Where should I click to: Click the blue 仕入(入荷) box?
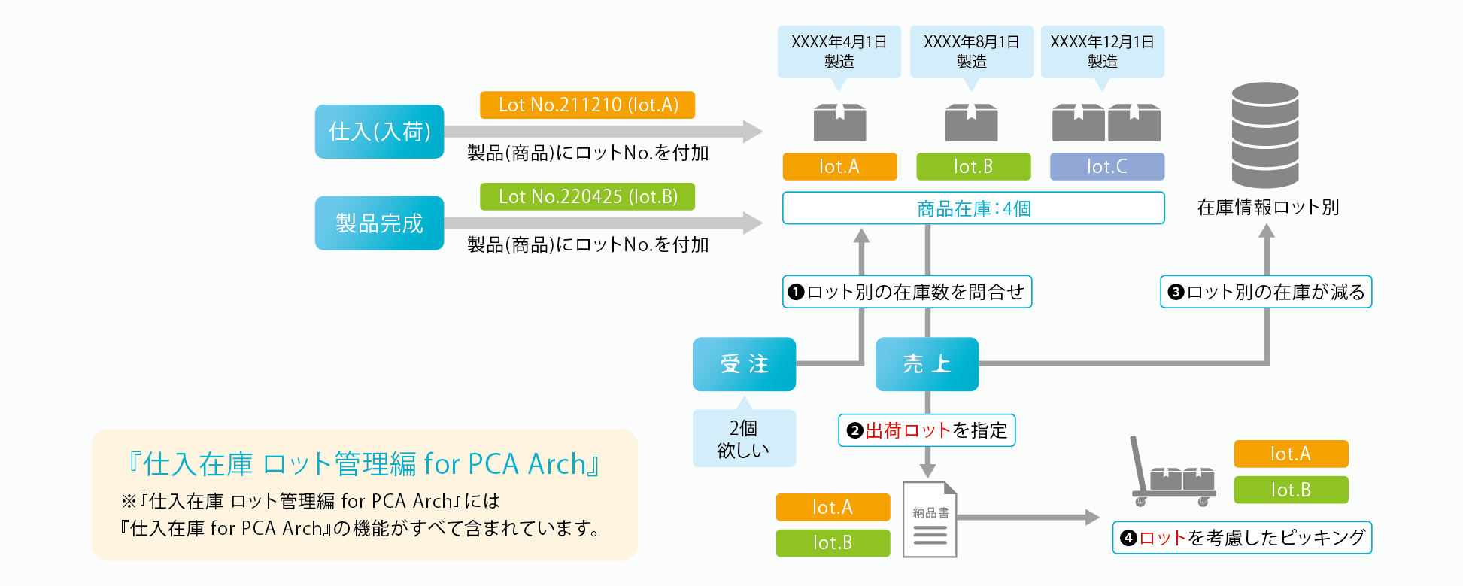pos(379,132)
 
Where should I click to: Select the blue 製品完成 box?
pos(379,223)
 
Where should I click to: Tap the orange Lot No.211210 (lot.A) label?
pos(587,105)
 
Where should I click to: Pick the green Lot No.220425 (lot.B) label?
pos(587,196)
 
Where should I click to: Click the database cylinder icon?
pos(1265,135)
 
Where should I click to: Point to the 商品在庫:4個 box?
pos(973,208)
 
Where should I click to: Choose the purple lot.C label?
pos(1106,166)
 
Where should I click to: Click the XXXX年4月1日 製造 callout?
pos(839,51)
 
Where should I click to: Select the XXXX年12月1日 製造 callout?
pos(1102,51)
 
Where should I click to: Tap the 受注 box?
pos(744,364)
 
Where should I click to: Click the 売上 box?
pos(927,364)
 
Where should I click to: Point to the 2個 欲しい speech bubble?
pos(743,439)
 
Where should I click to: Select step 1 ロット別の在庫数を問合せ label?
pos(907,292)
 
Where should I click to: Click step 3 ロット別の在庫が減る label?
pos(1266,292)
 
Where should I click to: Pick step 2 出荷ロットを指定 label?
pos(927,430)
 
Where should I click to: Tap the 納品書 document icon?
pos(930,520)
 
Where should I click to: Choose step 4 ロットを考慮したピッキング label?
pos(1242,538)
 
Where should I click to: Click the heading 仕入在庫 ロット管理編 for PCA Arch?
pos(364,464)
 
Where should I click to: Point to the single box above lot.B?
pos(971,123)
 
